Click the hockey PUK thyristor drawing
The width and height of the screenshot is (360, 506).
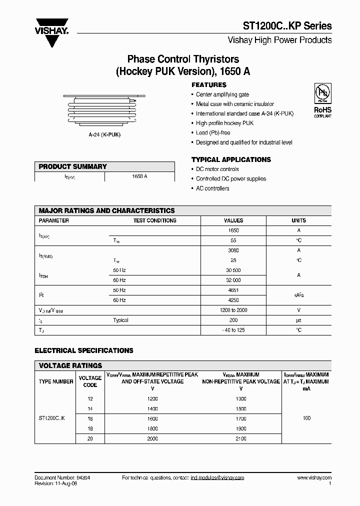tap(104, 110)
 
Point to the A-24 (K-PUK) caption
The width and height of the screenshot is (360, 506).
tap(104, 135)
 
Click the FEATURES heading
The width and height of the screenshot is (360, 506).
tap(209, 85)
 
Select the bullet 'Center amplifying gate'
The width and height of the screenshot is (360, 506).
tap(222, 94)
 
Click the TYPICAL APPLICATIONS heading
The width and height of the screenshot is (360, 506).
tap(231, 159)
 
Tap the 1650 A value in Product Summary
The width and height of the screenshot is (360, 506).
tap(139, 177)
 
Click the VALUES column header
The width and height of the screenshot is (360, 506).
tap(233, 220)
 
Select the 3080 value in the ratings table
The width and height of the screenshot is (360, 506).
tap(233, 250)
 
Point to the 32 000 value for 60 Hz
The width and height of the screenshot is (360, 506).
tap(233, 280)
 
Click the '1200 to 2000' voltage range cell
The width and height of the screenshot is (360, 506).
tap(233, 310)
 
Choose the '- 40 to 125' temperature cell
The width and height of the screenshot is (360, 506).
tap(233, 330)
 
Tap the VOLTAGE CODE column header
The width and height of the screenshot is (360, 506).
tap(90, 381)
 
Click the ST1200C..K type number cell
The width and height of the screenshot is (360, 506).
tap(55, 418)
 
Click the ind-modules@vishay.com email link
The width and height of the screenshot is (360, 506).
tap(217, 478)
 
